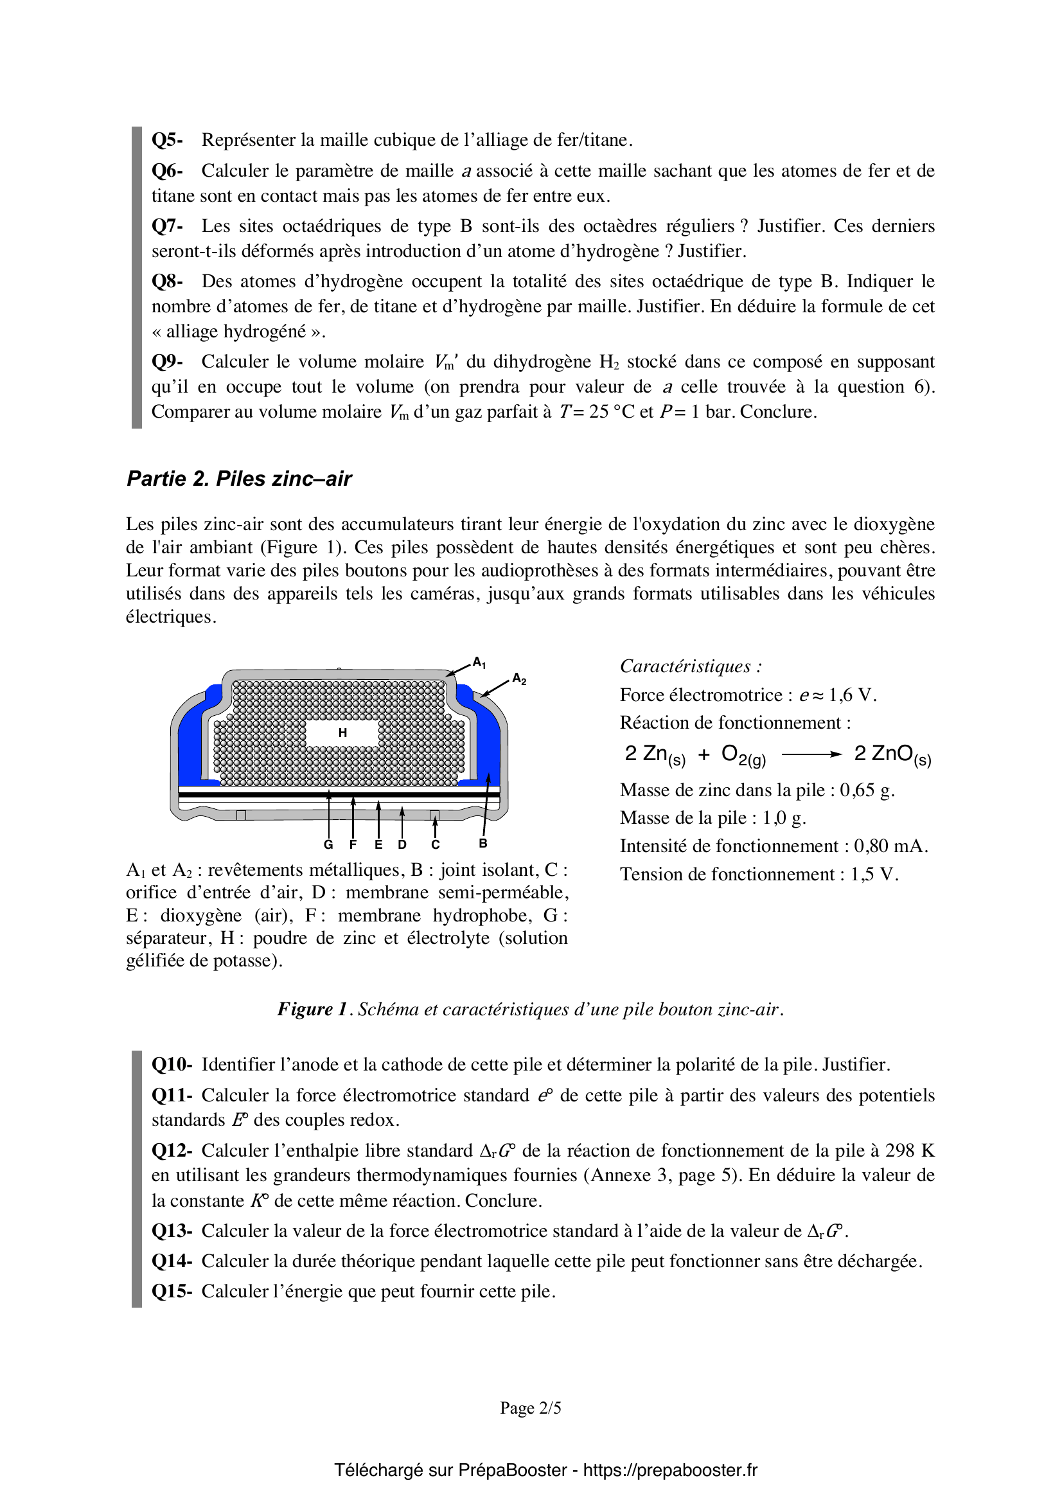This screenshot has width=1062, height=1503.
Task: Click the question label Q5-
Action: (167, 140)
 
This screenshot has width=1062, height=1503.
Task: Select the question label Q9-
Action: (167, 362)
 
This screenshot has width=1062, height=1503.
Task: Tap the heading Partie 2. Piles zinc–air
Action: (239, 479)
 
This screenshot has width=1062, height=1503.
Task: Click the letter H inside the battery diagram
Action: (342, 733)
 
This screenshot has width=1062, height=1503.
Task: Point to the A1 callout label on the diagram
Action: (480, 663)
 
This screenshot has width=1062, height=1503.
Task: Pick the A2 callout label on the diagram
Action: (520, 679)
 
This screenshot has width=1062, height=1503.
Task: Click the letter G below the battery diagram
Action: (328, 844)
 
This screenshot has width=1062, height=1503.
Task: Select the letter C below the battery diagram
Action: (436, 844)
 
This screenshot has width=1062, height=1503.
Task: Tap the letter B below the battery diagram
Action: (483, 844)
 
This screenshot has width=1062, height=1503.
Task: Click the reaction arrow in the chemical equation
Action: (811, 755)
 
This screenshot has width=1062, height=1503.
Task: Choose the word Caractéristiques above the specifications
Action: (686, 666)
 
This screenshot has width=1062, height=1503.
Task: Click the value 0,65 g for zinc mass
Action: (867, 790)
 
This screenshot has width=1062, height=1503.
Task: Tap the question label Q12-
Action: (172, 1151)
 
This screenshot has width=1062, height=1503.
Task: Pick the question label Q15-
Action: (172, 1292)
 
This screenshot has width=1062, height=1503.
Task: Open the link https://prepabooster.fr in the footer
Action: (670, 1470)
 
